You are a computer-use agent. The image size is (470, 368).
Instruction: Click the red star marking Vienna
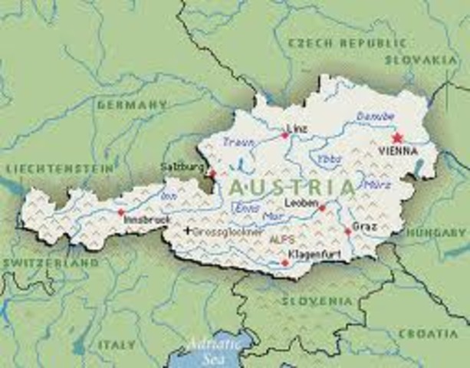pos(396,138)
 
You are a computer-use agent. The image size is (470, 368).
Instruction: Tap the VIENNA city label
pos(397,153)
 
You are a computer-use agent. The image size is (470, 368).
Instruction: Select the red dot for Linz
pos(285,136)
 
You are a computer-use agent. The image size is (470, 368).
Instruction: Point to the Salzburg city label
pos(182,166)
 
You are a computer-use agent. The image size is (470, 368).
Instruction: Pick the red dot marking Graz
pos(347,232)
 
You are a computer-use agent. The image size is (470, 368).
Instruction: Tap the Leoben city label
pos(299,202)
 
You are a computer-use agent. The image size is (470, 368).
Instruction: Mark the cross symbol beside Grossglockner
pos(187,230)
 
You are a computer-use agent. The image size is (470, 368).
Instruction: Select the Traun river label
pos(238,142)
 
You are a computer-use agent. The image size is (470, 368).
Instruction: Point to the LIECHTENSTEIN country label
pos(59,166)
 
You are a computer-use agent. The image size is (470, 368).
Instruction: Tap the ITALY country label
pos(117,345)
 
